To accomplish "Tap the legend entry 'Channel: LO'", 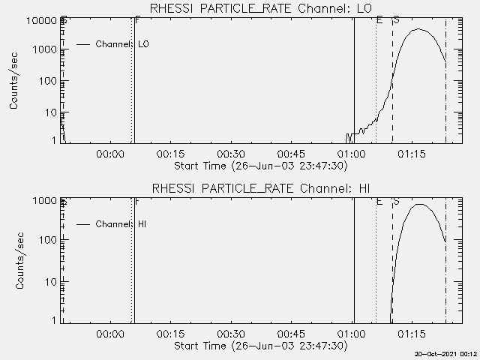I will click(123, 45).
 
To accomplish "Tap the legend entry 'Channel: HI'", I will click(120, 224).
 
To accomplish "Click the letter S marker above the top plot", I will click(395, 19).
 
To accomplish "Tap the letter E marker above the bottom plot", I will click(379, 202).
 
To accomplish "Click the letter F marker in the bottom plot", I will click(136, 202).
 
